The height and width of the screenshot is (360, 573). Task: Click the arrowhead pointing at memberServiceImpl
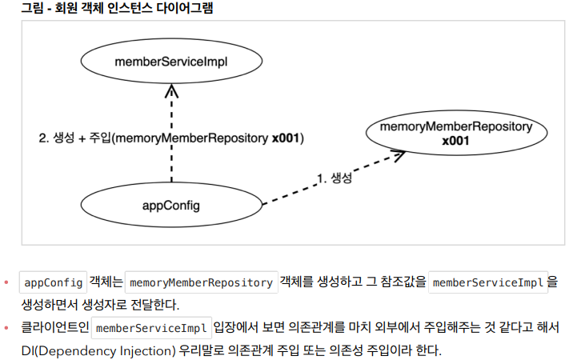(x=170, y=90)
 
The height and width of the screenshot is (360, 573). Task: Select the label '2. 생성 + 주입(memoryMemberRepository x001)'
(x=171, y=138)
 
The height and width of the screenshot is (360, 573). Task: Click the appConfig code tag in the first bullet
(x=53, y=282)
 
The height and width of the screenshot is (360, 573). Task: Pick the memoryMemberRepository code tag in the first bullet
(x=201, y=282)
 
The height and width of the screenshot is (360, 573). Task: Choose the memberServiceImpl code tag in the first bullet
(x=488, y=282)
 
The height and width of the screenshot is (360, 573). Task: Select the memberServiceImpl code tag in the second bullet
(x=151, y=328)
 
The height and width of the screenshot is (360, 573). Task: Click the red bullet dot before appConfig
(x=7, y=282)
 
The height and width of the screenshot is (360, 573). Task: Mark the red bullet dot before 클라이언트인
(x=7, y=328)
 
